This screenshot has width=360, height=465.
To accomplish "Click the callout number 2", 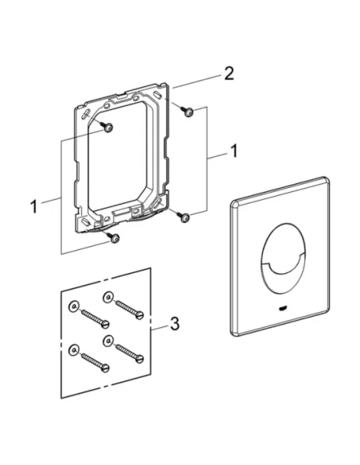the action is (x=229, y=73).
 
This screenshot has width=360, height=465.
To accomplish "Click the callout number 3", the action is (x=174, y=323).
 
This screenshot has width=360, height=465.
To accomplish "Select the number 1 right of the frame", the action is (x=234, y=151).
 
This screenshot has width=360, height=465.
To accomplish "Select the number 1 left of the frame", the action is (x=34, y=206).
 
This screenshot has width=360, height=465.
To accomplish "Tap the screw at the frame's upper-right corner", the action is (x=187, y=111).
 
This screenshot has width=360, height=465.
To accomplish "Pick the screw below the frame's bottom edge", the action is (x=114, y=237).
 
